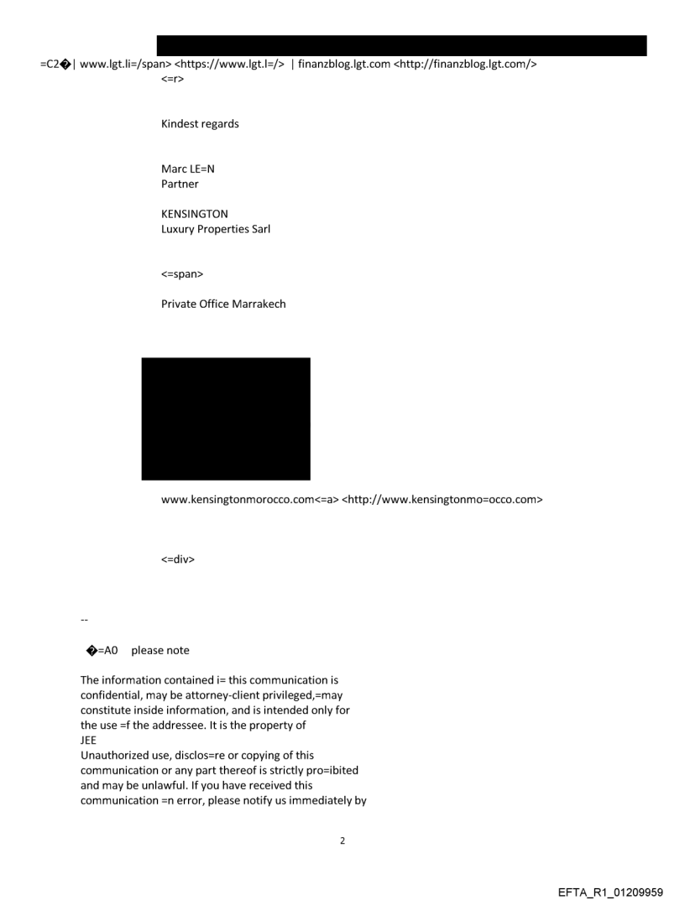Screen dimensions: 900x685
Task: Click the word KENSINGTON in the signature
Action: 194,214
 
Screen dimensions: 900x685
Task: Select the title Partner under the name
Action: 180,184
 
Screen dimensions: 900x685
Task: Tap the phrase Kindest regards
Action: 200,123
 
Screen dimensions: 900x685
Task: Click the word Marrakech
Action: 257,304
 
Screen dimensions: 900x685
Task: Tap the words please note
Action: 160,651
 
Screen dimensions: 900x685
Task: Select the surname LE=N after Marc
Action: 201,169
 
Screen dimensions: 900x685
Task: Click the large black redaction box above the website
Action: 225,418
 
